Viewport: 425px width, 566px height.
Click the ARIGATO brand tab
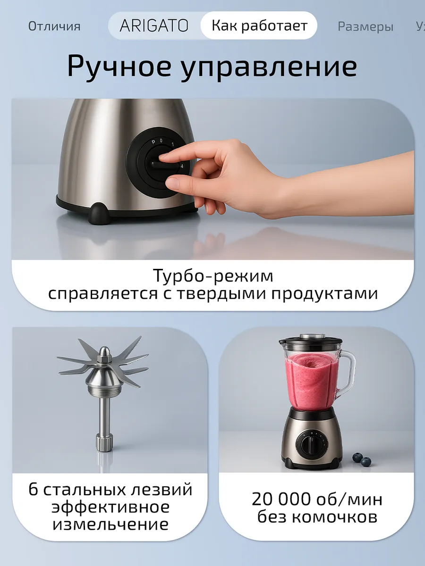coord(154,26)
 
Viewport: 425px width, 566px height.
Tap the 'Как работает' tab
coord(259,25)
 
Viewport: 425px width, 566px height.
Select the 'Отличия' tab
coord(54,26)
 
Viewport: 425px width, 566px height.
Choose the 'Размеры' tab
coord(365,26)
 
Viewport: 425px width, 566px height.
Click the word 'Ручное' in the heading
coord(119,67)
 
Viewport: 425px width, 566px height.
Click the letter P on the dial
coord(153,142)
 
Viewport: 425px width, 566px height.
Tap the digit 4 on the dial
coord(182,166)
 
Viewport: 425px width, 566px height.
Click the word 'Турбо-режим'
coord(213,275)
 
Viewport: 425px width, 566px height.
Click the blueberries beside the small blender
coord(362,459)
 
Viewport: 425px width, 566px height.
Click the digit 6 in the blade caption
coord(33,489)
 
